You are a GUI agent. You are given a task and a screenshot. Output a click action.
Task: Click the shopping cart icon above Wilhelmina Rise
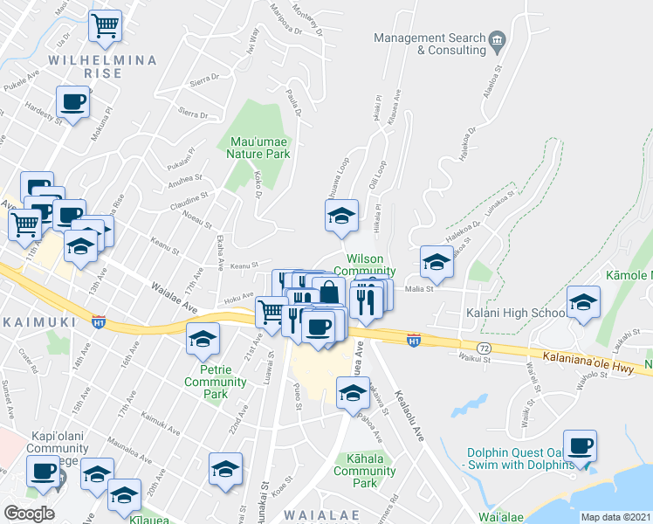click(106, 28)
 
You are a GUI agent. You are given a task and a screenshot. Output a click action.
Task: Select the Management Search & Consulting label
click(430, 44)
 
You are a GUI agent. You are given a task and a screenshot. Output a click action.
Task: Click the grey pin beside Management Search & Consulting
click(498, 39)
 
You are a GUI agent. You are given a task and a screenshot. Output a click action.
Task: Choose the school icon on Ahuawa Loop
click(341, 216)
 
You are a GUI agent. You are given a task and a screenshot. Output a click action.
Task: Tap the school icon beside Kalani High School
click(583, 303)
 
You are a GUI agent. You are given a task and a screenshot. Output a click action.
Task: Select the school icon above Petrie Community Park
click(203, 339)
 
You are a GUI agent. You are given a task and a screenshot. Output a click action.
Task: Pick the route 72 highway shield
click(484, 348)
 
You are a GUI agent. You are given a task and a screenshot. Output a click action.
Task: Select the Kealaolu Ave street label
click(411, 416)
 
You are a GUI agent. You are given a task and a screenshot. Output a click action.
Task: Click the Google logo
click(29, 514)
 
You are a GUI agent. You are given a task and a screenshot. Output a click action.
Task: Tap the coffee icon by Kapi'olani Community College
click(42, 472)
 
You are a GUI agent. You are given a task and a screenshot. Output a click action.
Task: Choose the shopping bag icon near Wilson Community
click(329, 291)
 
